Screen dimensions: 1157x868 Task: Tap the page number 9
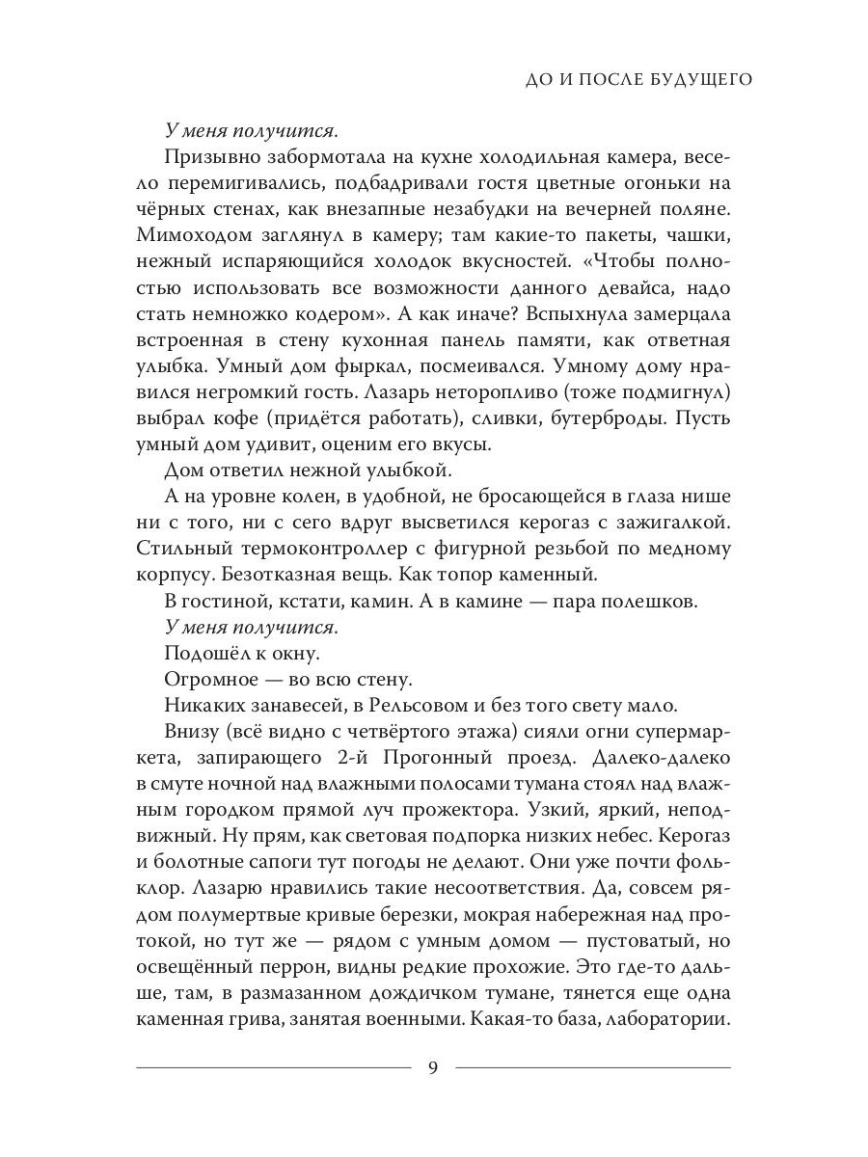(433, 1066)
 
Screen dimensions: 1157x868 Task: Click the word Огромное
(207, 679)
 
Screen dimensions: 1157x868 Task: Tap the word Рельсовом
(418, 705)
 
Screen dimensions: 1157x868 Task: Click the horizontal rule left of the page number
(274, 1067)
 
